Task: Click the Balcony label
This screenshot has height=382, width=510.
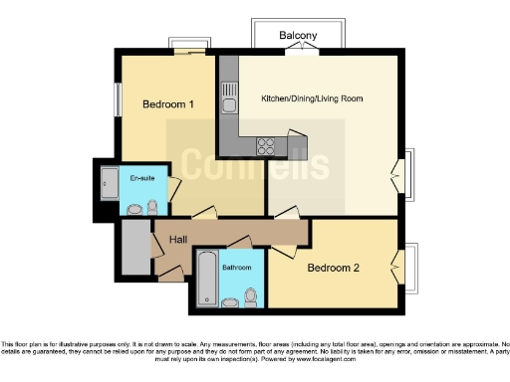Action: [x=298, y=36]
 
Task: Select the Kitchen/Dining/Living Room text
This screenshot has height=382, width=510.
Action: [x=312, y=98]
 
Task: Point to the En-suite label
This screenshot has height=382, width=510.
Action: [x=142, y=178]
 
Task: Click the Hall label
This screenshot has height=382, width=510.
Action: [x=178, y=240]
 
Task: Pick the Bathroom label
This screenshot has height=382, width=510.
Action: [x=236, y=268]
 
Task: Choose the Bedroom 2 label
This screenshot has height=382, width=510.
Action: [x=332, y=269]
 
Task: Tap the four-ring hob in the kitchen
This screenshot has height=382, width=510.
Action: [x=267, y=144]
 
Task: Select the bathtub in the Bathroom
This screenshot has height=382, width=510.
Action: [x=206, y=279]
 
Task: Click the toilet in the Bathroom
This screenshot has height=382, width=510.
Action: [x=250, y=296]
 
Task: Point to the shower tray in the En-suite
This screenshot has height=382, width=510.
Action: [x=109, y=183]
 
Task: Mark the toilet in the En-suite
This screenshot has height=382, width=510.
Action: [x=151, y=207]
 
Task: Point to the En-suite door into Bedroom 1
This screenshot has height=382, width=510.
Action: [x=172, y=188]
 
